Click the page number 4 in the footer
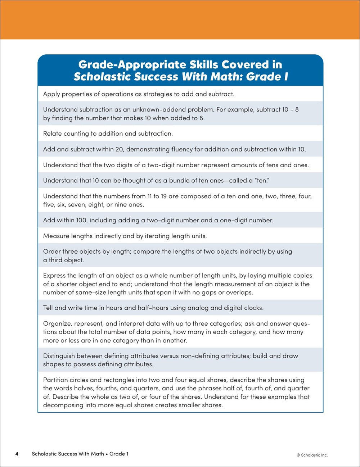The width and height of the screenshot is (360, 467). tap(17, 454)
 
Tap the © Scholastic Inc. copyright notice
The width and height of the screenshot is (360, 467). tap(312, 455)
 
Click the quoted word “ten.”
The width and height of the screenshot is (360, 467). tap(262, 181)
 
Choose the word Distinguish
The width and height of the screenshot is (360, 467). tap(59, 356)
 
